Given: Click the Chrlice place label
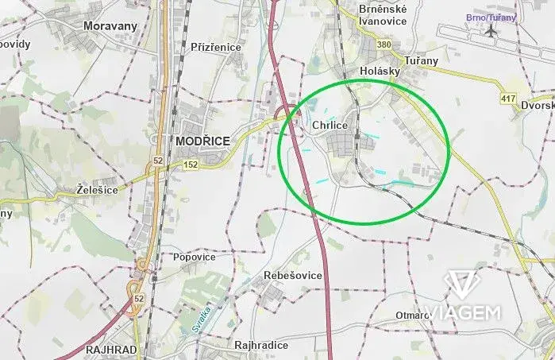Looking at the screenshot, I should click(330, 126).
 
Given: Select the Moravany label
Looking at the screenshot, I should click(110, 25).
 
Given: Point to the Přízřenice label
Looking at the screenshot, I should click(216, 47).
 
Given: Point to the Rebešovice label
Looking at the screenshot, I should click(293, 275).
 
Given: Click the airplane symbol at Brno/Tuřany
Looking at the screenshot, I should click(491, 31).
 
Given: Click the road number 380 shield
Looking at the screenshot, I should click(385, 45).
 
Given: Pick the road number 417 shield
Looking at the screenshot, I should click(508, 99).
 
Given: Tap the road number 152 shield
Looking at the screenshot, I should click(191, 164).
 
